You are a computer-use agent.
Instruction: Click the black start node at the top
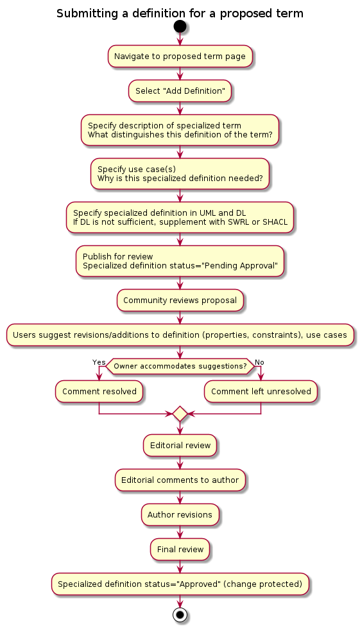180,26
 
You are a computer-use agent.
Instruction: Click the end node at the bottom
180,615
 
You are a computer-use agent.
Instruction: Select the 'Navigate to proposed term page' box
180,56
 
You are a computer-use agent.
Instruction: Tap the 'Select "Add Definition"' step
180,91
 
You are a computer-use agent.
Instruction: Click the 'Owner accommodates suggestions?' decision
180,366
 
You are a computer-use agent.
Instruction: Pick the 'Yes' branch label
99,362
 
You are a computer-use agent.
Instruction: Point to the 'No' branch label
259,362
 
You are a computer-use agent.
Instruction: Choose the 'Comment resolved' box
99,391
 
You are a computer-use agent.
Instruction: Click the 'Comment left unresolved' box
261,391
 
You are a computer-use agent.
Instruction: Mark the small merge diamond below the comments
180,414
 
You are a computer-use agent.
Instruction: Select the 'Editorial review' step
180,446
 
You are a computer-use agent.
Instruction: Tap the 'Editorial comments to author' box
180,480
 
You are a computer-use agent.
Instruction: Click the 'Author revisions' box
180,514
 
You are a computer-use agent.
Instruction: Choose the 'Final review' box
180,549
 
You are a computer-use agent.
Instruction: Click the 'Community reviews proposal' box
180,301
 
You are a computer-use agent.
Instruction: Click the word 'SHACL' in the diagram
275,222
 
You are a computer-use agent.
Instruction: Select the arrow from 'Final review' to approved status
180,566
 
